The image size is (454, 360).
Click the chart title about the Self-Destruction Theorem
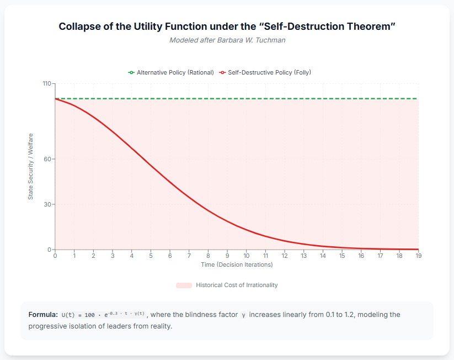227,27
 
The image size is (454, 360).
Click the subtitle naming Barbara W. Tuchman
227,40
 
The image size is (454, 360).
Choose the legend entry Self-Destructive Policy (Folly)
270,72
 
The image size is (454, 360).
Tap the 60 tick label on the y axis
47,159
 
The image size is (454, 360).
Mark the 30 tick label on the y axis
47,204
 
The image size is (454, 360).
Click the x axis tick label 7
189,256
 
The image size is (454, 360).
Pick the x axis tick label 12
285,256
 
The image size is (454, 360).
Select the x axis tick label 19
418,256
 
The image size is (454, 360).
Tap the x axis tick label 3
113,256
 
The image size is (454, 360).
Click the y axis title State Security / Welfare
31,166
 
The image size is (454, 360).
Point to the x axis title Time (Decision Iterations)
237,264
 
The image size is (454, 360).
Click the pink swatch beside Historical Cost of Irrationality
184,285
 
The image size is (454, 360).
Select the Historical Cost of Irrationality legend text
237,285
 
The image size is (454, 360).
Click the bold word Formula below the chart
43,315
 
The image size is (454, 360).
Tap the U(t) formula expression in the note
103,315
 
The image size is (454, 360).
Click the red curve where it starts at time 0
55,99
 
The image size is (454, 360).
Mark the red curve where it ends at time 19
418,249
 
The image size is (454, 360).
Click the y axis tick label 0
49,250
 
